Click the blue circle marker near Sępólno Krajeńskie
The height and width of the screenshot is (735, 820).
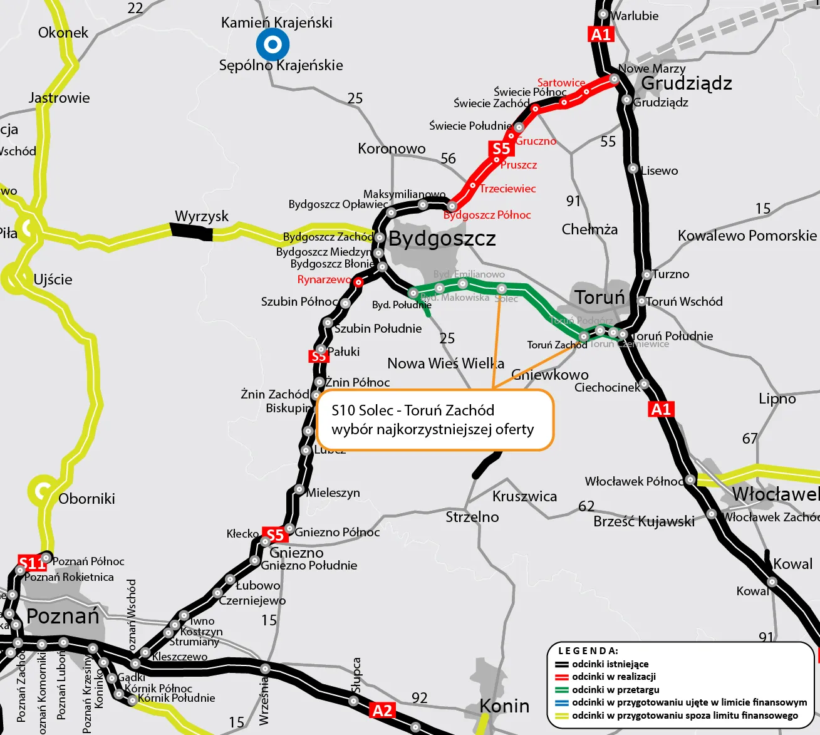(272, 44)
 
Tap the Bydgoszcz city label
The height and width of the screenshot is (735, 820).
(442, 239)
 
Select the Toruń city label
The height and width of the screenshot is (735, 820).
(599, 297)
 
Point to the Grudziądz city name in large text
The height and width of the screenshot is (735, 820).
(687, 83)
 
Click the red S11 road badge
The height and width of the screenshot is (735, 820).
(32, 563)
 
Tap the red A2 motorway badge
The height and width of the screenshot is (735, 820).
(382, 711)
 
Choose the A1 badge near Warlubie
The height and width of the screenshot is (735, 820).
(600, 34)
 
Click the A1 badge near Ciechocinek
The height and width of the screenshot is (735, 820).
(661, 409)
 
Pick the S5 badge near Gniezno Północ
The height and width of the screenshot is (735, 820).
(275, 534)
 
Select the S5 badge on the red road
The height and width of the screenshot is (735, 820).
(501, 149)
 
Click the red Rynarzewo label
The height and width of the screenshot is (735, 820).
(324, 279)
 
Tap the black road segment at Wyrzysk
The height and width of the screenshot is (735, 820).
(192, 232)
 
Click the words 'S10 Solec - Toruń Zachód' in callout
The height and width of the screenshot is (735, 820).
(413, 410)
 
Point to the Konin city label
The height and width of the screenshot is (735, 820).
(504, 706)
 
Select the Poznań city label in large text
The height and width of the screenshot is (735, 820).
(63, 616)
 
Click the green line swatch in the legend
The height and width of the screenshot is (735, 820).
(562, 690)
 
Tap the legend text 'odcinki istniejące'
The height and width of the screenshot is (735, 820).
(610, 664)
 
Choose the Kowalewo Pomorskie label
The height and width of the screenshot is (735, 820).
(747, 236)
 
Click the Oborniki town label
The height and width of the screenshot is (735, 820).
(86, 499)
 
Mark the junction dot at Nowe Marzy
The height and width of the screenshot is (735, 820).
(615, 79)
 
